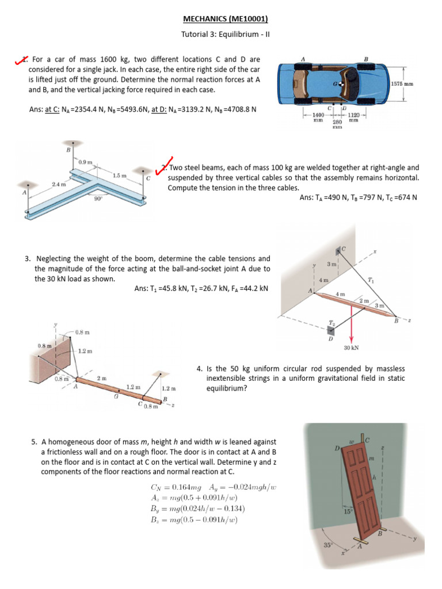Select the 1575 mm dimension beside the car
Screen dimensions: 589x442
404,84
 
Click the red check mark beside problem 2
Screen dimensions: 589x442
165,167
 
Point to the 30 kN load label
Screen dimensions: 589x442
351,347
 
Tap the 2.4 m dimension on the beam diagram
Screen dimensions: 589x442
59,184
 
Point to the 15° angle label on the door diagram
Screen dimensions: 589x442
347,511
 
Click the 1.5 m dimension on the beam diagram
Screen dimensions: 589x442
119,175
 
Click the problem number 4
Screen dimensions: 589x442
199,368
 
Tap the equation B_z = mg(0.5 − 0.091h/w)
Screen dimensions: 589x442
193,520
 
